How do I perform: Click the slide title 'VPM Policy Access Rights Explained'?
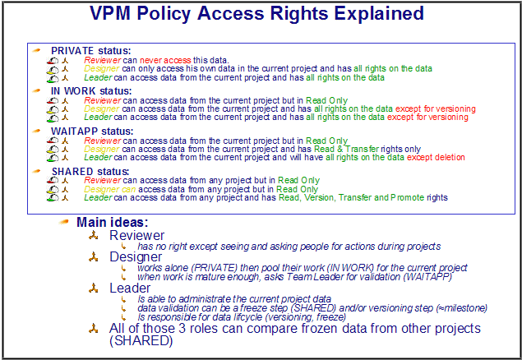coord(256,14)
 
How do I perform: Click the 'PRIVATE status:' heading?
coord(91,51)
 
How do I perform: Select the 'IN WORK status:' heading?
coord(91,91)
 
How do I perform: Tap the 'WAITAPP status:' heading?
coord(92,131)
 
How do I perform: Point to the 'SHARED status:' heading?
coord(90,171)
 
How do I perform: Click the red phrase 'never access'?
coord(165,60)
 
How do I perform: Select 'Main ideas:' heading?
coord(112,222)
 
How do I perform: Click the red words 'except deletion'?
coord(436,157)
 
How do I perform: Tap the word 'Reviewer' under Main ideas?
coord(136,235)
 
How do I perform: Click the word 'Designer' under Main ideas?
coord(136,256)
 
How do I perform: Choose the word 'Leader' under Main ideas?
coord(130,288)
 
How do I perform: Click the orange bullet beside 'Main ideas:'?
coord(64,222)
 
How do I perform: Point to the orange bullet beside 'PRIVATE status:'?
coord(37,51)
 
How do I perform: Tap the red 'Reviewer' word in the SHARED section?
coord(102,180)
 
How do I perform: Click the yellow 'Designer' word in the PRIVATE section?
coord(102,69)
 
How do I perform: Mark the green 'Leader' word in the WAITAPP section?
coord(98,157)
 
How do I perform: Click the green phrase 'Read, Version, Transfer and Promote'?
coord(352,197)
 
